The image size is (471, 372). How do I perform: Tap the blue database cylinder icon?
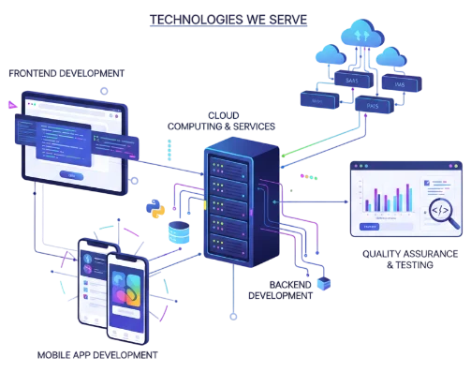click(x=177, y=231)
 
